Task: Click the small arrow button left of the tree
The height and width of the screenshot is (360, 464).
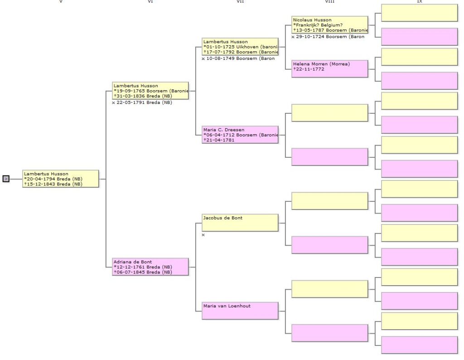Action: [6, 179]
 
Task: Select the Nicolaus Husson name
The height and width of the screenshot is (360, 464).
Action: [312, 20]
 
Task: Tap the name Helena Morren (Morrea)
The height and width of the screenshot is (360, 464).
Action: [321, 64]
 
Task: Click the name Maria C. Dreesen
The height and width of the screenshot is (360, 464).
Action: [224, 130]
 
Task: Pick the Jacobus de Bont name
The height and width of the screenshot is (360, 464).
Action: [222, 218]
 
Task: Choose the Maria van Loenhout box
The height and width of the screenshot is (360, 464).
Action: [240, 311]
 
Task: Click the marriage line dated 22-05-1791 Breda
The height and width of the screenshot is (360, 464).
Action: [142, 102]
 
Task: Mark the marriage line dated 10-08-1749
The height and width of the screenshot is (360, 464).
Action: [238, 58]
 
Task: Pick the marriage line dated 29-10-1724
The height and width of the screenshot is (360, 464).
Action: [328, 37]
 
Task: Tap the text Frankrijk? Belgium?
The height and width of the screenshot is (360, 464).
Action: [319, 25]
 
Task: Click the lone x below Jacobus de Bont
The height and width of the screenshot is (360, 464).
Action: [203, 235]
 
